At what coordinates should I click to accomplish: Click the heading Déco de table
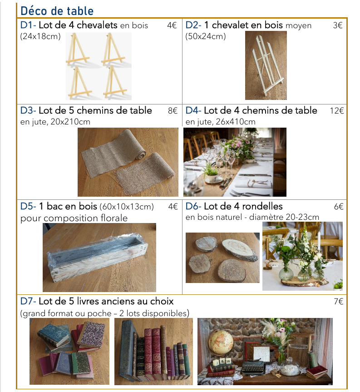pos(57,11)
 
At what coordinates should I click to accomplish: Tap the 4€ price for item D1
pos(172,25)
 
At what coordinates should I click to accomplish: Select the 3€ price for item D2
pos(338,25)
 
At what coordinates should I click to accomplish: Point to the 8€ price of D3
pos(173,110)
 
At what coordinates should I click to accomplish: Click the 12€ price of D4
pos(337,110)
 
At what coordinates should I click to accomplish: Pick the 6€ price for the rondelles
pos(339,207)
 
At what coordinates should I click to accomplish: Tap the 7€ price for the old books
pos(339,302)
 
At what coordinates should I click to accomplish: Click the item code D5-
pos(28,206)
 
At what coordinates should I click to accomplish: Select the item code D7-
pos(28,301)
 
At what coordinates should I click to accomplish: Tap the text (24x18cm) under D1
pos(40,36)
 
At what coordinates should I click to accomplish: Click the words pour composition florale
pos(74,218)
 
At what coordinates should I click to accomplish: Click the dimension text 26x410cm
pos(236,122)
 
